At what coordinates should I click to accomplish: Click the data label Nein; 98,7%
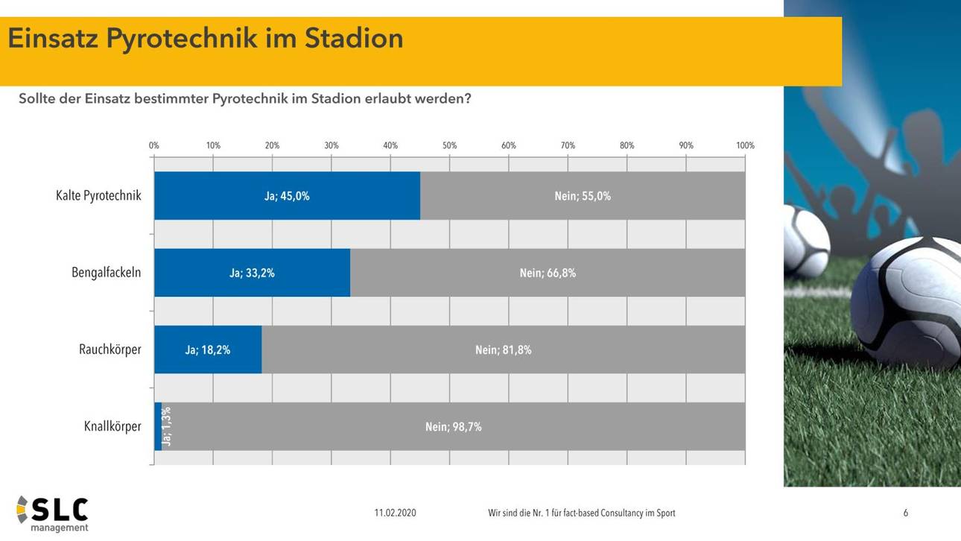click(x=453, y=427)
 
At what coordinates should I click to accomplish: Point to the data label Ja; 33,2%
click(x=252, y=273)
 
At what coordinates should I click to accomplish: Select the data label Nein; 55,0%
click(x=582, y=197)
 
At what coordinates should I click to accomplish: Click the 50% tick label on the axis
click(x=449, y=146)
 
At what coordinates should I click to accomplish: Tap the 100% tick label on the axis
click(x=745, y=146)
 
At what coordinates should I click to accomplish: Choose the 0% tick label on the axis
click(x=154, y=146)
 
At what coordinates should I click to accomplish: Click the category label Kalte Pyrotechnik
click(x=98, y=196)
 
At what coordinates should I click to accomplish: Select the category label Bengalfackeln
click(x=106, y=273)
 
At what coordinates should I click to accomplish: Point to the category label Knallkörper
click(x=112, y=427)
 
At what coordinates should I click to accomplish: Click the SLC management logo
click(x=53, y=513)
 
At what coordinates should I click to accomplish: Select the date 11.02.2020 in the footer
click(x=395, y=513)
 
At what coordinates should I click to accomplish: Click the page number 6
click(x=905, y=513)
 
